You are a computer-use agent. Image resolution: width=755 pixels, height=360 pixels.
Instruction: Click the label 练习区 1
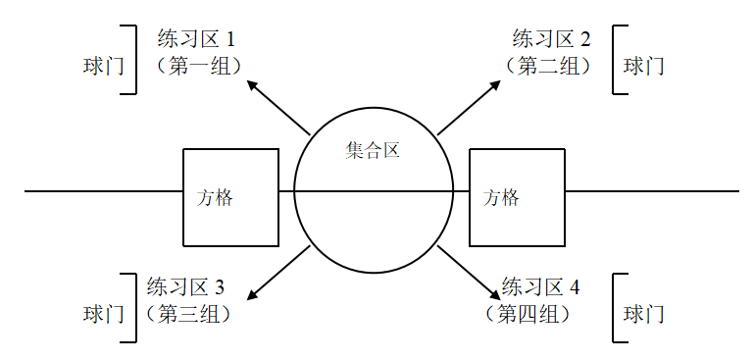(196, 40)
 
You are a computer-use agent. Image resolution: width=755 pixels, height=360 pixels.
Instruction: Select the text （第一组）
(199, 66)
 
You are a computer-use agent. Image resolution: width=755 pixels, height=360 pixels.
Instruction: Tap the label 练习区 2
(551, 40)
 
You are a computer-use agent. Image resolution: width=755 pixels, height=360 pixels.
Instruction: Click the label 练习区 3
(185, 287)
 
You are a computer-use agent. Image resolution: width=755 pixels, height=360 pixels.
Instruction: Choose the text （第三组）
(188, 314)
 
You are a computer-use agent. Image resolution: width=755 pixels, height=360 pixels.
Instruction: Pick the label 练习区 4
(540, 287)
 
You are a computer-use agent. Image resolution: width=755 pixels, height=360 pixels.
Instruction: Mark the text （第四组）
(528, 314)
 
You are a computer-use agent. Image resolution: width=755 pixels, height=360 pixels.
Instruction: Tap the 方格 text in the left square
(216, 197)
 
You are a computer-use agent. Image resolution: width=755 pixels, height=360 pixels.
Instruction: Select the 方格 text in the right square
(502, 197)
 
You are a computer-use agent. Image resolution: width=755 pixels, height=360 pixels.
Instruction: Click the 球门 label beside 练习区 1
(103, 66)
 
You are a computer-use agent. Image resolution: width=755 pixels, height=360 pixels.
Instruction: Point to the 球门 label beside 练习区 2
(644, 66)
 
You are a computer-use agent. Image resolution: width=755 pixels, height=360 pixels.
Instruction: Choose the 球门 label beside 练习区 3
(103, 314)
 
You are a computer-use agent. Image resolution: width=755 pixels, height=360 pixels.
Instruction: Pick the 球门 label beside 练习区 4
(644, 314)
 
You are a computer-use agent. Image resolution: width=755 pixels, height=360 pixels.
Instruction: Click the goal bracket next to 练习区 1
(131, 60)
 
